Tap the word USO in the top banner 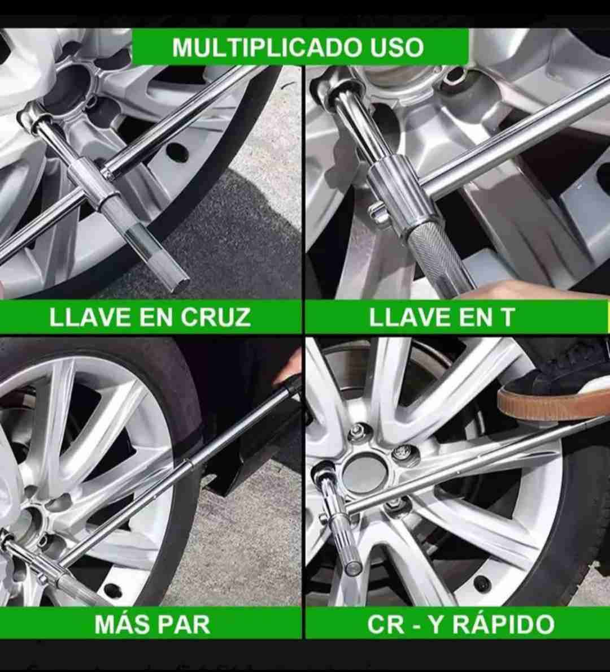click(x=397, y=47)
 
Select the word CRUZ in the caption click(x=216, y=317)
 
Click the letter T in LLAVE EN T click(x=507, y=317)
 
